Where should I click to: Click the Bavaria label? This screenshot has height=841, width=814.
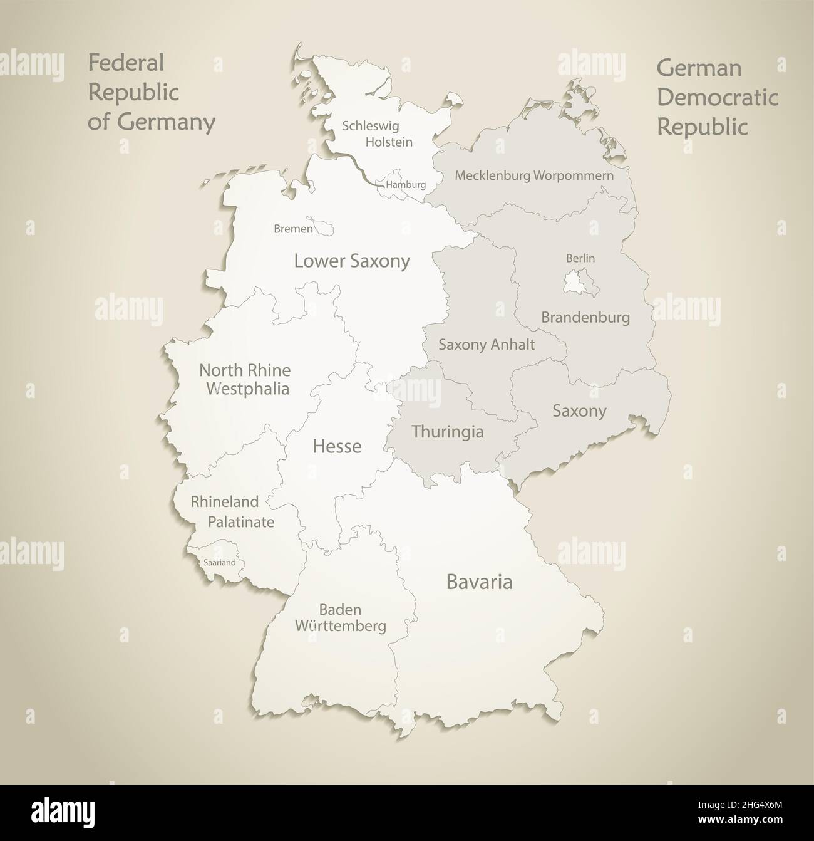click(479, 582)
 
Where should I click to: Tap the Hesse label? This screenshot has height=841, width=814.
click(337, 446)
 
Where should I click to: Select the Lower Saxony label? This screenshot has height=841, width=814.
click(352, 261)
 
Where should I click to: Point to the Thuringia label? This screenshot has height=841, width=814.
click(447, 431)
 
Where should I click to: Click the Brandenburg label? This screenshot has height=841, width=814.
click(585, 318)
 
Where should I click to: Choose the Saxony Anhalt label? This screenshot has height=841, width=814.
click(487, 344)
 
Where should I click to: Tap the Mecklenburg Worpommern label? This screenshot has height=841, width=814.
click(534, 175)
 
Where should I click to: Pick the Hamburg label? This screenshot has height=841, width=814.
click(406, 185)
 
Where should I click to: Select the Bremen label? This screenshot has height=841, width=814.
click(293, 229)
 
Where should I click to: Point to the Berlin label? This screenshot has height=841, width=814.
click(580, 258)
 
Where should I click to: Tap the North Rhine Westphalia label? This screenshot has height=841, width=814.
click(245, 379)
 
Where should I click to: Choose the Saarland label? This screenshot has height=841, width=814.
click(219, 563)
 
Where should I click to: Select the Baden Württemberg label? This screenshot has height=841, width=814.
click(340, 617)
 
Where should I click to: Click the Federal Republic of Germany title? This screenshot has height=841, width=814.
click(151, 92)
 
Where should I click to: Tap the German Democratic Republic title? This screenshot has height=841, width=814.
click(717, 97)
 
